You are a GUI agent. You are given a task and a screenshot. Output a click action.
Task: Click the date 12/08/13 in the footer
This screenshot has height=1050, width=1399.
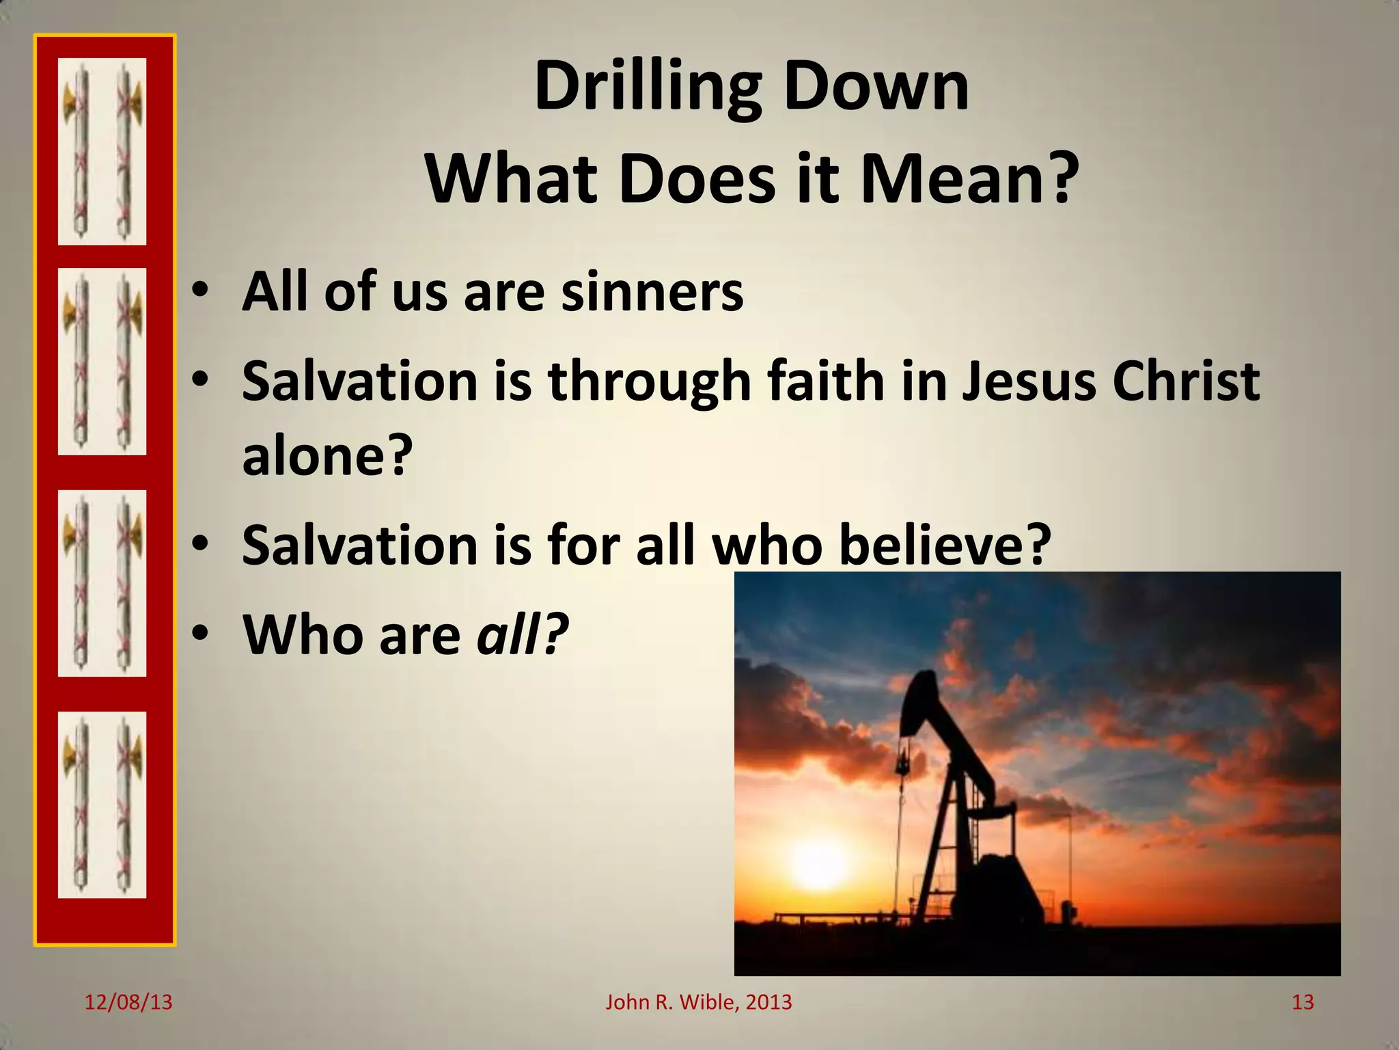pos(128,1002)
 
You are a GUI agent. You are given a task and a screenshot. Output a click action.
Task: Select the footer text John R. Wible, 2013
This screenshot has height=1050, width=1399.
pos(698,1002)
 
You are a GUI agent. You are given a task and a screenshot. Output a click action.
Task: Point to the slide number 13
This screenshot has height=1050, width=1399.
pos(1303,1002)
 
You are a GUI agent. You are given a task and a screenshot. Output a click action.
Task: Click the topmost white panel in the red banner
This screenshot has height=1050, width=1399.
pos(102,151)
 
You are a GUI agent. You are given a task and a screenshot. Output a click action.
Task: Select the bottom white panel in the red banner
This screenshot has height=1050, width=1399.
pos(102,805)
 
